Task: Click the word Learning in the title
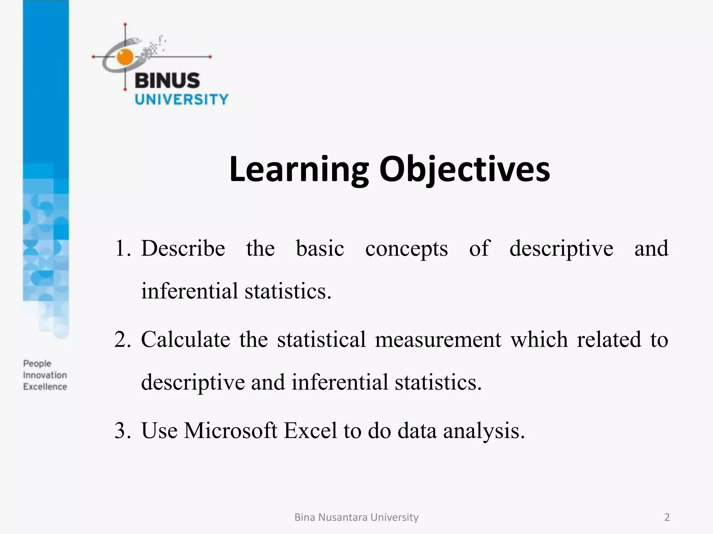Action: (299, 169)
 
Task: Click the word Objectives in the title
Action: (464, 169)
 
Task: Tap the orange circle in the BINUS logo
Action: (125, 57)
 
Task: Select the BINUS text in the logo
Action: (167, 80)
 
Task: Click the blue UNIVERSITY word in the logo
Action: (181, 99)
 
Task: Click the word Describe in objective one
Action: (183, 249)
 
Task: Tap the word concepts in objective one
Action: (406, 249)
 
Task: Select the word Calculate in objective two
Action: (186, 339)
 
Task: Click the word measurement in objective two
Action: (438, 339)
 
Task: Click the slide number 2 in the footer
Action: (667, 517)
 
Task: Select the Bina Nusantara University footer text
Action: (356, 517)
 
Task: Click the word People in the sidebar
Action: (37, 364)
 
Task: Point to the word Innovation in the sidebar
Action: (45, 375)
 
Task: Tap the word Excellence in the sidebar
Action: (45, 387)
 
